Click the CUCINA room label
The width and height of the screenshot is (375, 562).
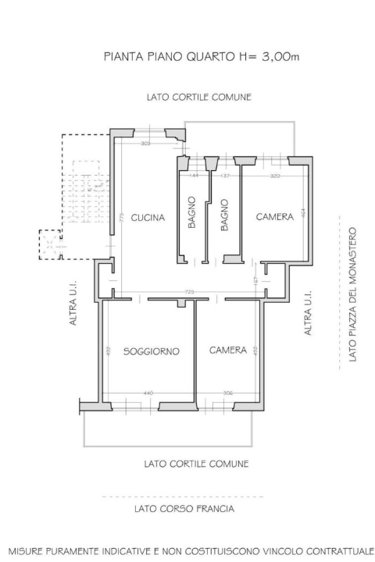pos(148,218)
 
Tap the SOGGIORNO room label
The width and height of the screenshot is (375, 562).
pos(152,352)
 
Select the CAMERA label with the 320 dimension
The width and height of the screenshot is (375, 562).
pos(275,217)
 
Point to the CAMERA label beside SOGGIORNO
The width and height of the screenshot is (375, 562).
pos(228,350)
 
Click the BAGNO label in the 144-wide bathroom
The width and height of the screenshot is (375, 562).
pos(191,212)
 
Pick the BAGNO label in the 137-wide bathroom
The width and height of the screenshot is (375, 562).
pos(224,212)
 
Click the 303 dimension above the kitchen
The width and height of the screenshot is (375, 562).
pos(145,144)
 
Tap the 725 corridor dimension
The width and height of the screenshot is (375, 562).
pos(189,291)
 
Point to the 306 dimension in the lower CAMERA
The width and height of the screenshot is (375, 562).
pos(227,393)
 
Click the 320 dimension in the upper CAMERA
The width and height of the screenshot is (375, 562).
pos(275,176)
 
